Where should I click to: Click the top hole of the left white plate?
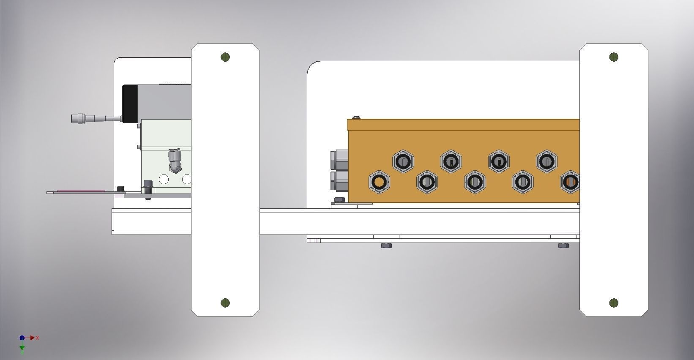tap(225, 57)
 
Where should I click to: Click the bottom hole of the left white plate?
tap(225, 303)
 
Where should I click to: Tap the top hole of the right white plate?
tap(614, 57)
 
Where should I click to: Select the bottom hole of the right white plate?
tap(614, 303)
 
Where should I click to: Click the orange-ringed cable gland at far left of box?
tap(379, 182)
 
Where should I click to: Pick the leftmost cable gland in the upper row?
tap(403, 161)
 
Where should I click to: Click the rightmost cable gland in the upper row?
tap(546, 161)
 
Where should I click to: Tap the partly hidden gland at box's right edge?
tap(570, 182)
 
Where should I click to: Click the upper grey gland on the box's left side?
tap(339, 160)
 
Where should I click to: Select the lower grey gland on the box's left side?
tap(339, 181)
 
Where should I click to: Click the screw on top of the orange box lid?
tap(356, 117)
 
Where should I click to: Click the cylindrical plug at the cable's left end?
tap(78, 118)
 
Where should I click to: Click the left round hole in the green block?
tap(164, 180)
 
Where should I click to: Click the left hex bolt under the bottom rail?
tap(386, 245)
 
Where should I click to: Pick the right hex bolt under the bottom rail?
tap(563, 245)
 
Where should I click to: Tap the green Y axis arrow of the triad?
tap(22, 348)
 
